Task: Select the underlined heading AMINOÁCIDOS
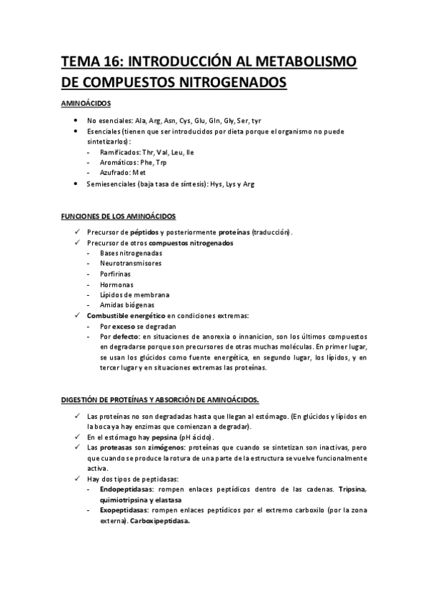84,104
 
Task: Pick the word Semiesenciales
113,184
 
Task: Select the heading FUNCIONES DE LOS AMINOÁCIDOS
118,216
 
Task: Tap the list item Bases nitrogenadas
131,253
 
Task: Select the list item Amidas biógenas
126,304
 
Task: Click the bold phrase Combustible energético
125,315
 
